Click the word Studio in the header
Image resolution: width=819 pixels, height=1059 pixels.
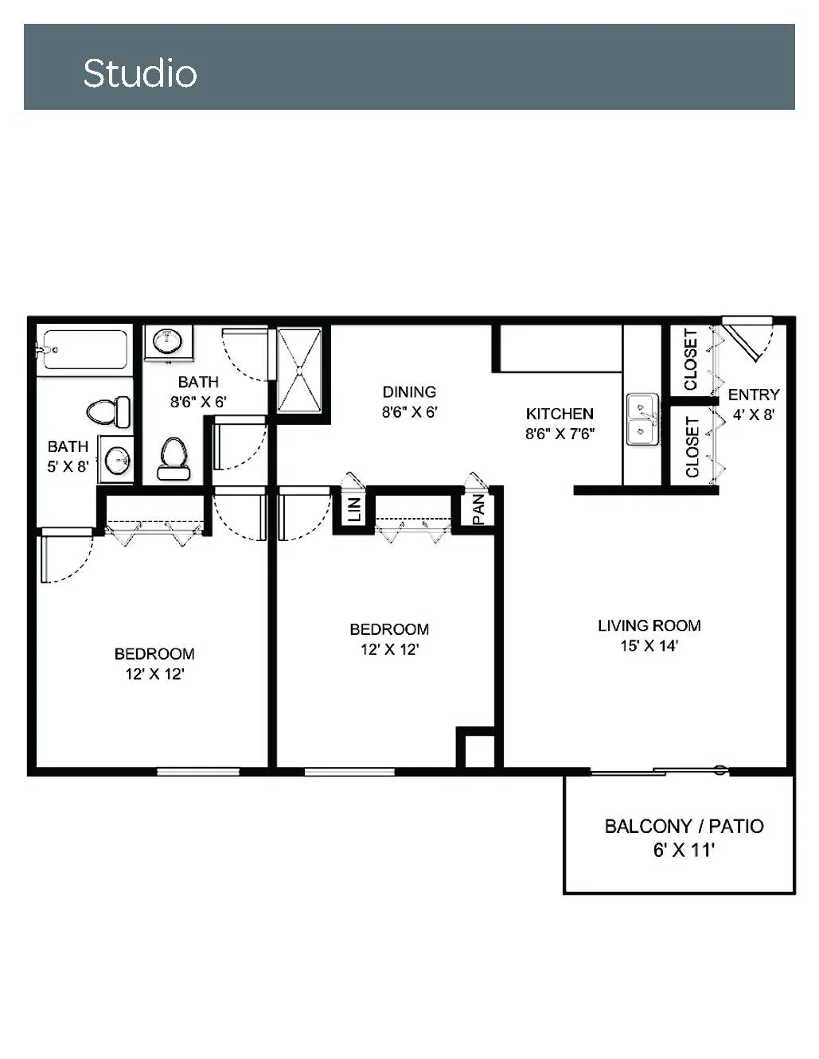pyautogui.click(x=140, y=73)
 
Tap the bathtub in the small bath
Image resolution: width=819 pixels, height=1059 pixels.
pyautogui.click(x=84, y=349)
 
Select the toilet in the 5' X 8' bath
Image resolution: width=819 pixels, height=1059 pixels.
pyautogui.click(x=109, y=412)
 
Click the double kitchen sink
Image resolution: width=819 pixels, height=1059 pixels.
pyautogui.click(x=642, y=419)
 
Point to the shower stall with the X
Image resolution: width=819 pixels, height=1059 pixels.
pyautogui.click(x=299, y=371)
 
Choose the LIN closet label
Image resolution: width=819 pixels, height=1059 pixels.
pyautogui.click(x=355, y=509)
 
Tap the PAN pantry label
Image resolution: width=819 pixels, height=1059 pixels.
pyautogui.click(x=478, y=510)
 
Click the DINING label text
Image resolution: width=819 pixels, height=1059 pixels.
pyautogui.click(x=409, y=391)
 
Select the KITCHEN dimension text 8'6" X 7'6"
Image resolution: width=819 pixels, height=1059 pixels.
pyautogui.click(x=560, y=434)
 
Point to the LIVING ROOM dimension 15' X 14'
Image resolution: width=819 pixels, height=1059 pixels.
pyautogui.click(x=649, y=646)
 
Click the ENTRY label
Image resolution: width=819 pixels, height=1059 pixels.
pyautogui.click(x=754, y=395)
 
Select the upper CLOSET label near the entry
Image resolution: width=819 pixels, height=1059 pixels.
pyautogui.click(x=691, y=360)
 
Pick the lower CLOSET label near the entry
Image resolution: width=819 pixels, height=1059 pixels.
pyautogui.click(x=692, y=447)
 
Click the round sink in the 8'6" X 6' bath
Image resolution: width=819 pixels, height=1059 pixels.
pyautogui.click(x=168, y=341)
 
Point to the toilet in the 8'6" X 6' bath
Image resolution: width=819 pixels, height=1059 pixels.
pyautogui.click(x=173, y=459)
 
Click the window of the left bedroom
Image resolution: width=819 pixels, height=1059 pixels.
pyautogui.click(x=198, y=772)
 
